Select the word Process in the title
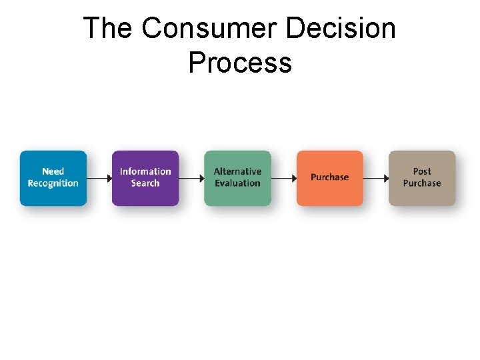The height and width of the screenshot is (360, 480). pos(240,63)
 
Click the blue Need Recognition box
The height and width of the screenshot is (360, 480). pos(53,178)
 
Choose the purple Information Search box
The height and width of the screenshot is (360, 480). pos(145,178)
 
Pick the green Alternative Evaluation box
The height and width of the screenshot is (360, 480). pos(237,178)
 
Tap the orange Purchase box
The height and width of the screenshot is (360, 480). pos(330,178)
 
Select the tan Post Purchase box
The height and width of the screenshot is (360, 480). pos(422,178)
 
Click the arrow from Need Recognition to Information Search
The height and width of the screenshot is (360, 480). pos(99,178)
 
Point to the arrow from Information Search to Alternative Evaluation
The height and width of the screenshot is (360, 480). pos(191,178)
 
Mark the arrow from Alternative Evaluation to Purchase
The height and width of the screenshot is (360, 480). pos(283,178)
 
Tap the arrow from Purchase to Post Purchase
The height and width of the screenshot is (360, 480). pos(376,178)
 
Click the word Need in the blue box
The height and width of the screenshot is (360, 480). pos(53,171)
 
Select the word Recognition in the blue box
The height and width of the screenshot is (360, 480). pos(53,183)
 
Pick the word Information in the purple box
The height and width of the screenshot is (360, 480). pos(145,171)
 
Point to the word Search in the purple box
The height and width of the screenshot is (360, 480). pos(145,183)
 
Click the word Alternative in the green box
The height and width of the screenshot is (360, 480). pos(237,171)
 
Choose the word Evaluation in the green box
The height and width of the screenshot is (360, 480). pos(237,183)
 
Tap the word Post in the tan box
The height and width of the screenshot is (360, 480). pos(422,171)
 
